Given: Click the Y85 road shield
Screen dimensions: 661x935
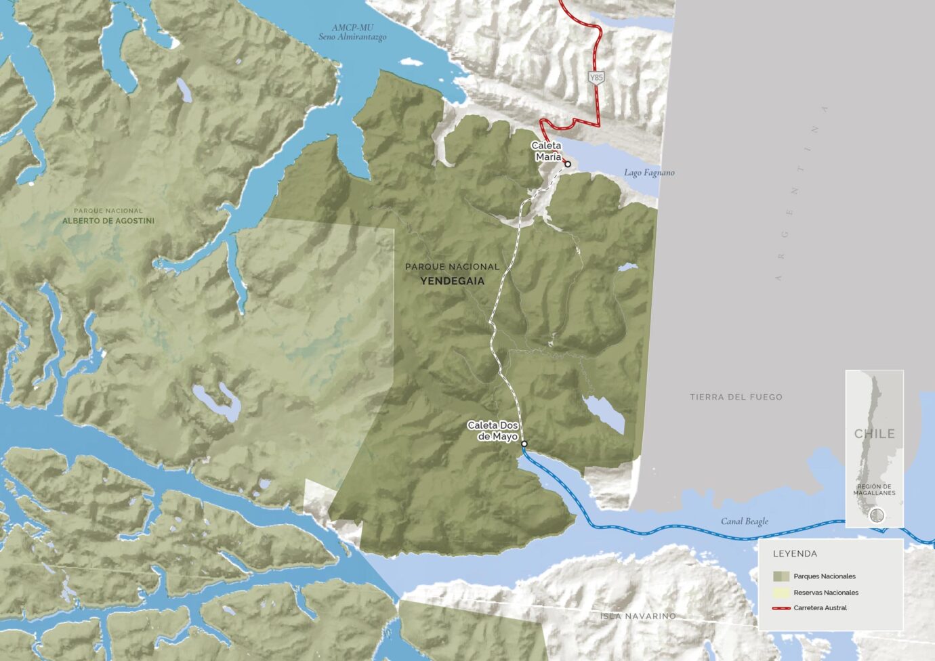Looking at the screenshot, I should [x=596, y=77].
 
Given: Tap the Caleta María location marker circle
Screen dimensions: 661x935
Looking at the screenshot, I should [x=568, y=164].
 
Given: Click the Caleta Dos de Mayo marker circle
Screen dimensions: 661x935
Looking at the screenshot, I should [x=524, y=444].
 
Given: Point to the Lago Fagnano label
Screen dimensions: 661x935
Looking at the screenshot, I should [x=649, y=173].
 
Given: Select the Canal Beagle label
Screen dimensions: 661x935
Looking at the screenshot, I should [x=745, y=521].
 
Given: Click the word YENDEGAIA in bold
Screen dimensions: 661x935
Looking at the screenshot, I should [x=452, y=280].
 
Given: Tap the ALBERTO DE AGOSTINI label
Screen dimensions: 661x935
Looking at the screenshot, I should [x=108, y=221].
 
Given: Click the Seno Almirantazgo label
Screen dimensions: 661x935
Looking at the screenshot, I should [x=352, y=37].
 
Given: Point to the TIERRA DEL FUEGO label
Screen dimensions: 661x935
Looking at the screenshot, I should [x=736, y=397].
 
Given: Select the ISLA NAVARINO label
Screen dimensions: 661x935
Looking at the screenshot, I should [x=638, y=616].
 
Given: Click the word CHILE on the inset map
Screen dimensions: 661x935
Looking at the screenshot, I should [x=874, y=433].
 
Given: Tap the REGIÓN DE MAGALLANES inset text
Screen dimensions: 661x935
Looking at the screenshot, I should [x=874, y=490].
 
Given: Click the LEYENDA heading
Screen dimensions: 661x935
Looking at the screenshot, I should [x=795, y=553].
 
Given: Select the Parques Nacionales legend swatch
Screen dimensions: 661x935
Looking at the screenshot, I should [x=781, y=576].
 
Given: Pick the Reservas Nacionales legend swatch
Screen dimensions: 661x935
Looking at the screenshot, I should [x=781, y=593].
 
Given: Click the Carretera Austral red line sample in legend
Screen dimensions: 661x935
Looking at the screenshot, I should [x=781, y=608].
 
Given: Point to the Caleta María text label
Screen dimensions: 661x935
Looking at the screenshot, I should [x=547, y=151].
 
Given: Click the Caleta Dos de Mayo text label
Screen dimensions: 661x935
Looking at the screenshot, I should [x=493, y=431].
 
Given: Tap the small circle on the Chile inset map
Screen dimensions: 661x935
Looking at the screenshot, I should [x=877, y=515].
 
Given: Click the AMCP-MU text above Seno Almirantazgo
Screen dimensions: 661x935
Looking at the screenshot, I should [x=352, y=28].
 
